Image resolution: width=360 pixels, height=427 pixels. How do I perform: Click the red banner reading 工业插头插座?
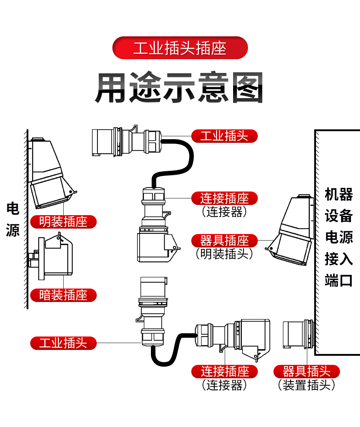pos(180,48)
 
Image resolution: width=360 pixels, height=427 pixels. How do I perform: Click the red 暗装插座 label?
pos(63,295)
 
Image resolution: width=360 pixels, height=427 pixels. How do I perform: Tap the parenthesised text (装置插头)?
pos(307,385)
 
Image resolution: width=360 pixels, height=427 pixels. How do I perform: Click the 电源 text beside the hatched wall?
pos(13,219)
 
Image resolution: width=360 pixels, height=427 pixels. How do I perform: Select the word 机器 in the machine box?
pos(339,195)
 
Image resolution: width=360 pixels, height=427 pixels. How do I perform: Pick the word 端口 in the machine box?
pos(339,281)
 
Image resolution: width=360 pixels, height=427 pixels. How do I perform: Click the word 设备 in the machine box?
pos(339,216)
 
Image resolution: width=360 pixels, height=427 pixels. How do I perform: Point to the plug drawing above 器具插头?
pos(298,334)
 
